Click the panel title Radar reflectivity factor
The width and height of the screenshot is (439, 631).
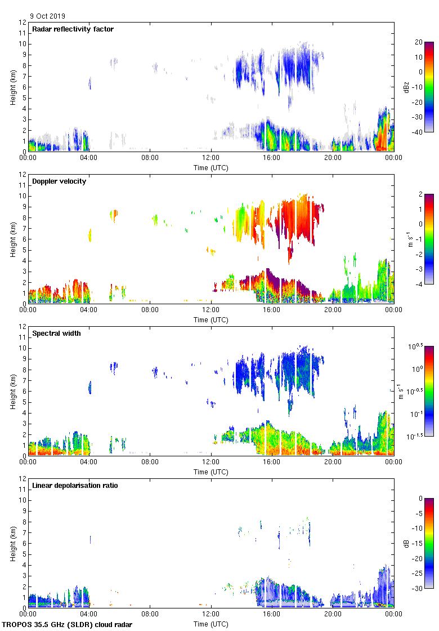[x=73, y=29]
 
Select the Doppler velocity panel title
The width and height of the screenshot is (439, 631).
[x=60, y=181]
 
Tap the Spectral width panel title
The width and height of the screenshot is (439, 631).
[x=57, y=334]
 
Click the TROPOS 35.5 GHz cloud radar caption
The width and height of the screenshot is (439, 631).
[x=68, y=625]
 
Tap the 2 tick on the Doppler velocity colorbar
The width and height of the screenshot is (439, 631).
[x=419, y=194]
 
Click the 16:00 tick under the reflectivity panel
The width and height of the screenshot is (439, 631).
[x=272, y=158]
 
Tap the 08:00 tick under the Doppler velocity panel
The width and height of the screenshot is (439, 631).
[x=150, y=310]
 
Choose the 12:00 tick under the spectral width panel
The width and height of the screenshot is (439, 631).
[x=211, y=462]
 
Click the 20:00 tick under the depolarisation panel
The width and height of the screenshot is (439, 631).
[x=333, y=614]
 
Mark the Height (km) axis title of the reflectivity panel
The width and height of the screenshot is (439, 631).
[x=12, y=87]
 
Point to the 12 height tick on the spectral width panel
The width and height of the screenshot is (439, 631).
[x=23, y=327]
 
